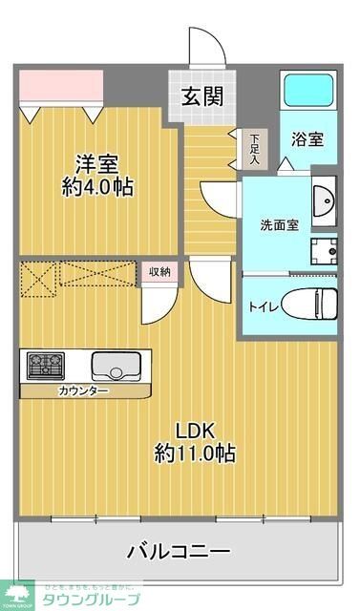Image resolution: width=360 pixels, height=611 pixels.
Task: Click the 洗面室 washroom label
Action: pyautogui.click(x=280, y=225)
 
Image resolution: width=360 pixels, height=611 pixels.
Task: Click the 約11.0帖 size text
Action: pyautogui.click(x=196, y=453)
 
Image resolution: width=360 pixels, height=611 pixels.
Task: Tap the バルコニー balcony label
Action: pyautogui.click(x=179, y=551)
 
